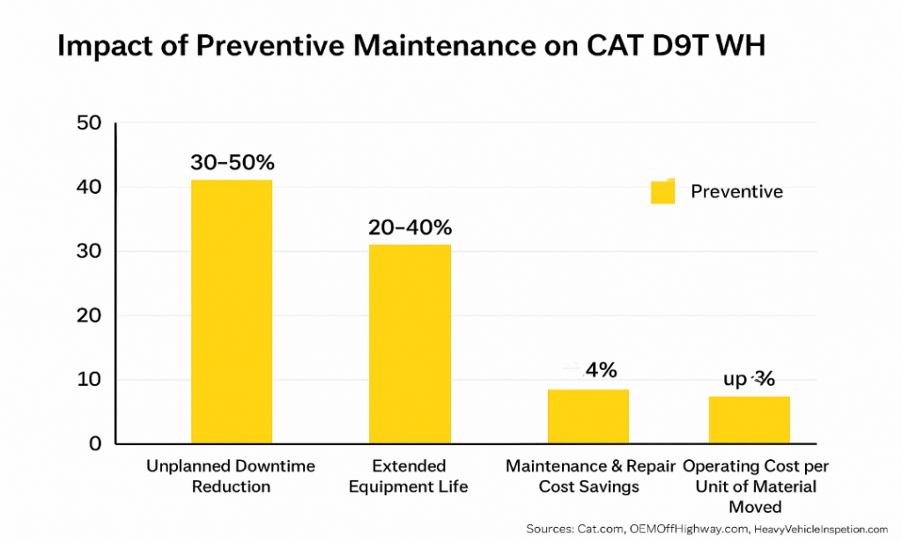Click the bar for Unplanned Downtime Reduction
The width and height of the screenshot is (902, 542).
pyautogui.click(x=231, y=311)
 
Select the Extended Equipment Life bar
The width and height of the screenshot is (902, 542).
pyautogui.click(x=410, y=344)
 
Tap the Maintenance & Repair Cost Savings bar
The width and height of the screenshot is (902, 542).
pyautogui.click(x=588, y=416)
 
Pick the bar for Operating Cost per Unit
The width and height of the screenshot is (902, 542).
pyautogui.click(x=749, y=419)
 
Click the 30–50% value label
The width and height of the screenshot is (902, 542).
pyautogui.click(x=233, y=163)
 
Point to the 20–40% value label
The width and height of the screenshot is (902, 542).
pyautogui.click(x=410, y=227)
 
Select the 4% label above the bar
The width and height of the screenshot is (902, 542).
pyautogui.click(x=600, y=370)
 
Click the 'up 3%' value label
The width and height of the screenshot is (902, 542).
pyautogui.click(x=749, y=379)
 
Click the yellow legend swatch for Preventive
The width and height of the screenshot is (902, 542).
pyautogui.click(x=662, y=192)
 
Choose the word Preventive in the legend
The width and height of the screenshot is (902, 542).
pyautogui.click(x=736, y=191)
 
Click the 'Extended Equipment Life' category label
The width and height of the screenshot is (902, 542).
pyautogui.click(x=409, y=476)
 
